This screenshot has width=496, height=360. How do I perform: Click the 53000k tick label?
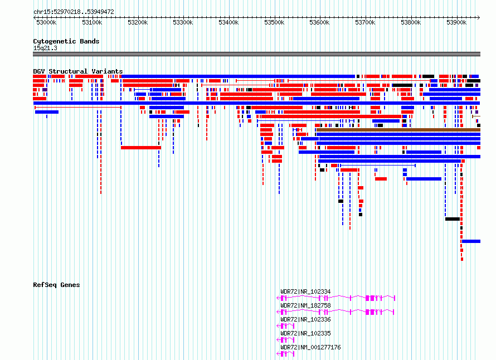46,22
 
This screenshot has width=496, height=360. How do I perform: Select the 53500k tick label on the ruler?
274,22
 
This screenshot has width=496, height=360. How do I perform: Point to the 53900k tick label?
456,22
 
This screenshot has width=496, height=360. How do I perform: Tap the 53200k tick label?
138,22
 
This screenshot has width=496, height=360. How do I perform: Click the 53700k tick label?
365,22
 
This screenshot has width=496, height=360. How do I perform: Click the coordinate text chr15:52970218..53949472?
74,12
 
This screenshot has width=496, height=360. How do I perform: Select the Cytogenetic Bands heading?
66,41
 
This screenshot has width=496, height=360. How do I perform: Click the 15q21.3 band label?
45,48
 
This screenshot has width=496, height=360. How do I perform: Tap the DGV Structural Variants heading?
78,71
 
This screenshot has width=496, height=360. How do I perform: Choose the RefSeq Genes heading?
56,285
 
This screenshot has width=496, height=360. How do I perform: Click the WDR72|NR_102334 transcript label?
305,291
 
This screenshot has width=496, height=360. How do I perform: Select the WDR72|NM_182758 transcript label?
305,305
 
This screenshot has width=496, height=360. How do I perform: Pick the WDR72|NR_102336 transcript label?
305,319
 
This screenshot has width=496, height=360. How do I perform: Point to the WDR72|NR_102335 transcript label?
305,333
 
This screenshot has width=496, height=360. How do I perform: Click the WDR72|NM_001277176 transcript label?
310,347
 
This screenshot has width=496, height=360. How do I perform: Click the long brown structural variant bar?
398,130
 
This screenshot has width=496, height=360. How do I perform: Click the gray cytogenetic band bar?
256,54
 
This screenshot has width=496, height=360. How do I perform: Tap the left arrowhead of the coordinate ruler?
35,17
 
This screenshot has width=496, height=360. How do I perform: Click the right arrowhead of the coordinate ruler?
479,17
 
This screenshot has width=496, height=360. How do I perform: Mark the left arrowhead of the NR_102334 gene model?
278,298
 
